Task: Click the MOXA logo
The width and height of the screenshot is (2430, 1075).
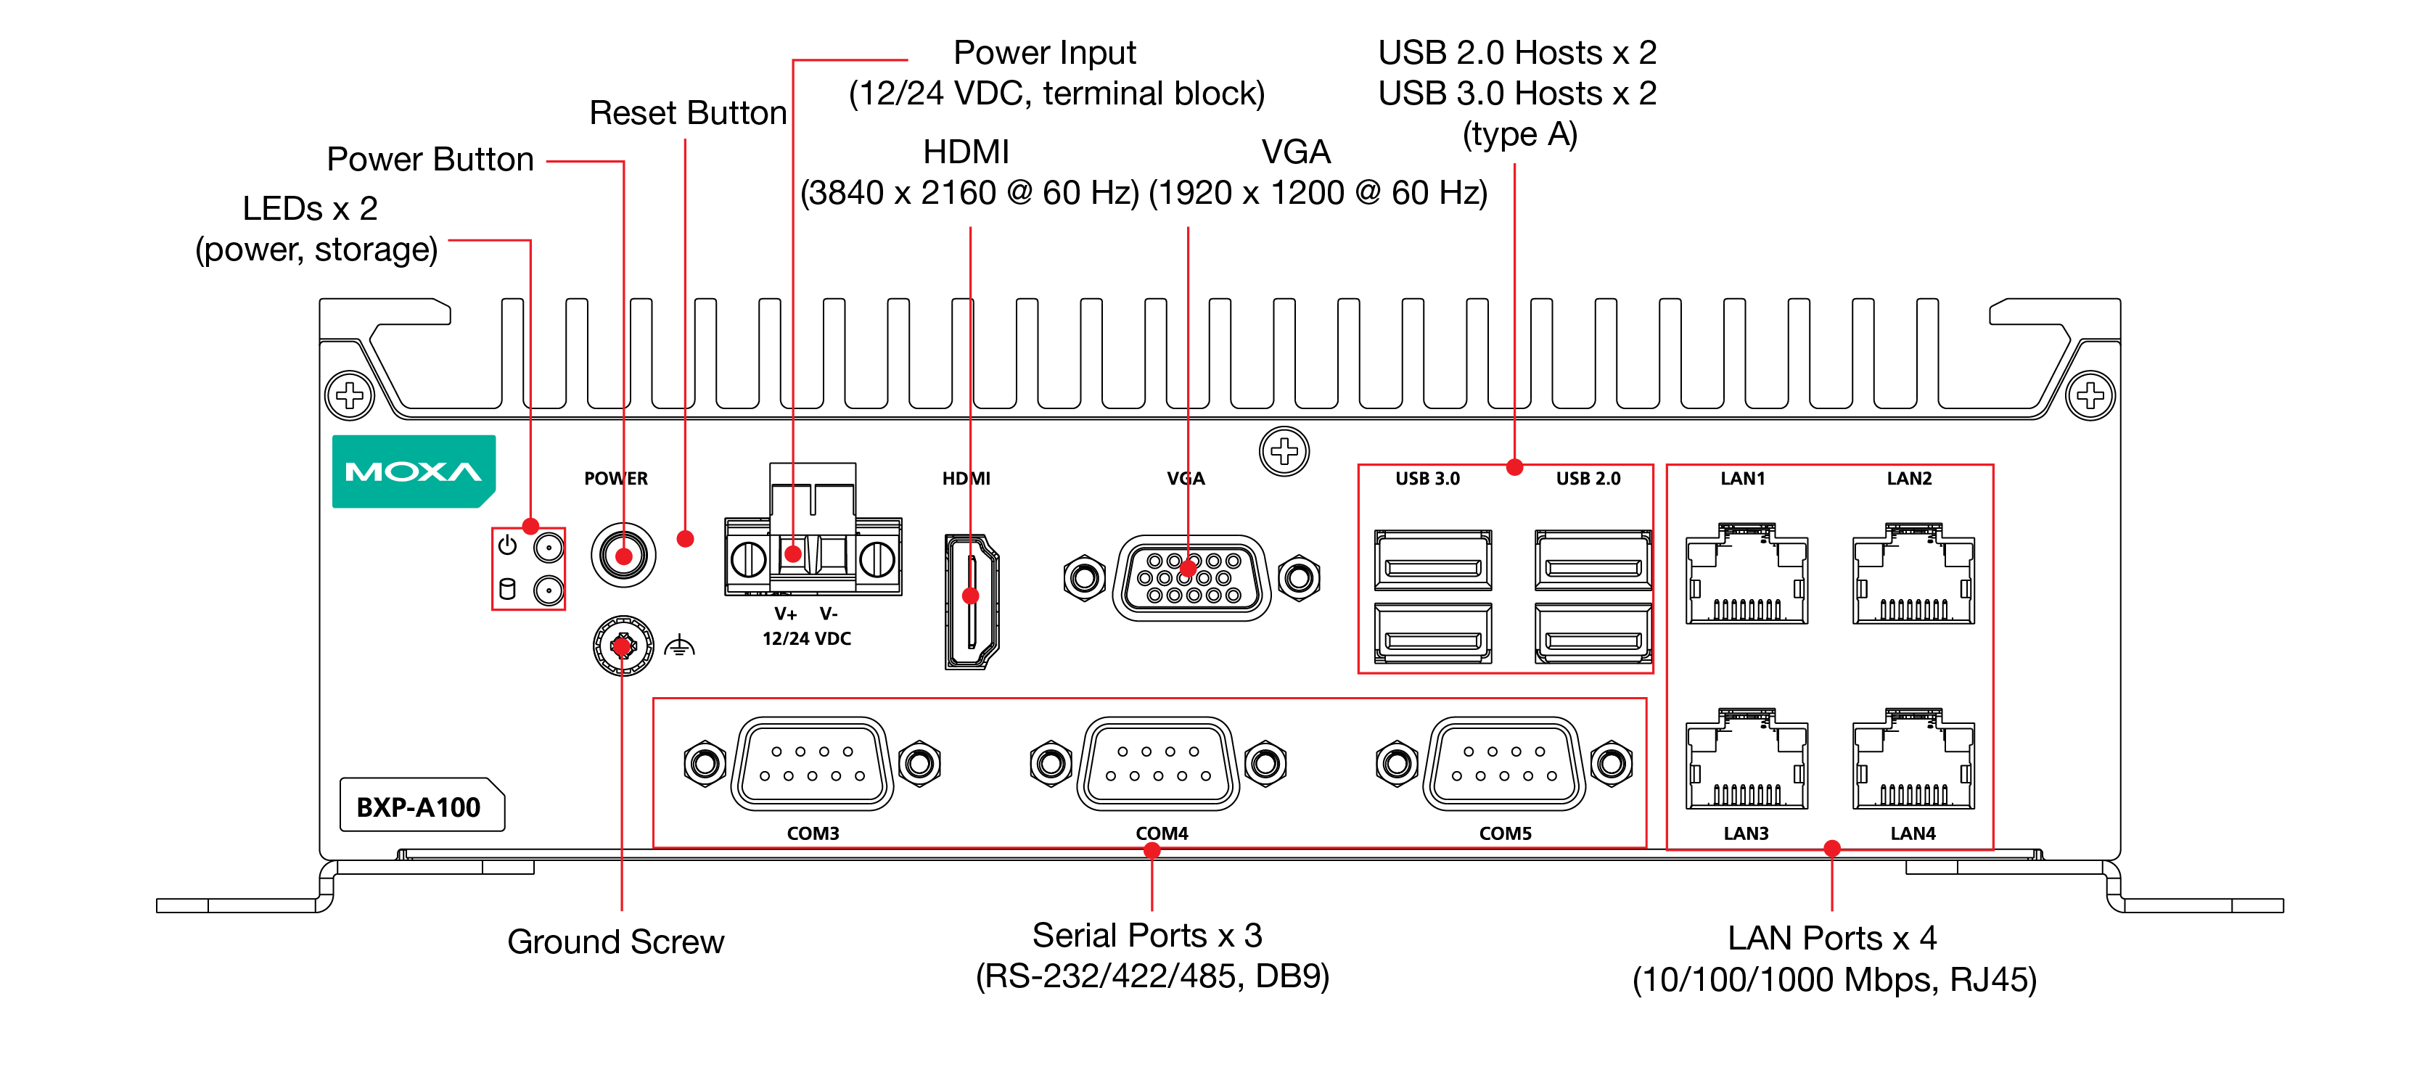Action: [x=413, y=471]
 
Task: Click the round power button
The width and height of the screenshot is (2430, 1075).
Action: [x=623, y=556]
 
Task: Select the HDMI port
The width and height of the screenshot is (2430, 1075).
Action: [x=971, y=601]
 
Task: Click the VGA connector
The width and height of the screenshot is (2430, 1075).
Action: [x=1191, y=577]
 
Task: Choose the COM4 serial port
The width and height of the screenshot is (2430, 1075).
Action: [x=1157, y=763]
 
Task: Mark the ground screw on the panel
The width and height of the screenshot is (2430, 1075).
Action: [x=623, y=646]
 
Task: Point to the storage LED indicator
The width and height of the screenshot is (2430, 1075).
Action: [x=548, y=591]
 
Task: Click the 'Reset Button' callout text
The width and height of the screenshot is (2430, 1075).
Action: [x=688, y=113]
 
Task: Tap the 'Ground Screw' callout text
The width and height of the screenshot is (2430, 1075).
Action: [x=615, y=941]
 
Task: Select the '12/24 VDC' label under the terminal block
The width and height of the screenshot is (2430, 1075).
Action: [x=807, y=638]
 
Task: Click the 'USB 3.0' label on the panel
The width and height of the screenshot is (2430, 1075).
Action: [x=1427, y=478]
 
